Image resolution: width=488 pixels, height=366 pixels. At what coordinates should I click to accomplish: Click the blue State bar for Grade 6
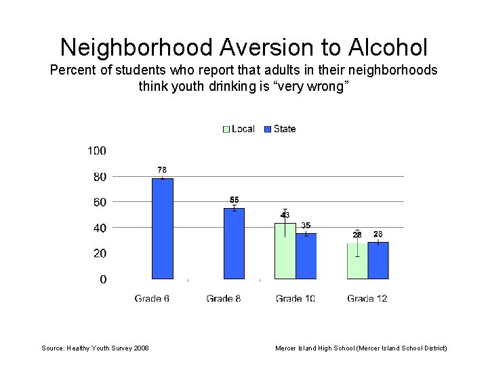(163, 228)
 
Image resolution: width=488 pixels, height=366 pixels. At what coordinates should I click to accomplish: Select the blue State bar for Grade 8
(234, 243)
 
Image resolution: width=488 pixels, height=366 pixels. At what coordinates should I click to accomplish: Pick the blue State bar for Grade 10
(306, 256)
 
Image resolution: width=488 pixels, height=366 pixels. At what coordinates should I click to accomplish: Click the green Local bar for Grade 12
(357, 261)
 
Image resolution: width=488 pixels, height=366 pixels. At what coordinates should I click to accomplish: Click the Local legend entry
(238, 129)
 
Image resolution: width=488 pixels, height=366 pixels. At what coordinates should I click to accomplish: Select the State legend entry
(279, 129)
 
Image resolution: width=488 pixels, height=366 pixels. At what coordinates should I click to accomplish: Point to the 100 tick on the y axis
(96, 150)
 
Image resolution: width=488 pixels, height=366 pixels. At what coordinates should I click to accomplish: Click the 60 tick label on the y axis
(99, 202)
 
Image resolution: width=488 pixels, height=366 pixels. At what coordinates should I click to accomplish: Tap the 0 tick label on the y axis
(103, 279)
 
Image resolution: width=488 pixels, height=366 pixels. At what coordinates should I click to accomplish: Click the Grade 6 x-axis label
(152, 298)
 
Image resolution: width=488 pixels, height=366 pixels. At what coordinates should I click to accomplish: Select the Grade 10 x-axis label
(295, 298)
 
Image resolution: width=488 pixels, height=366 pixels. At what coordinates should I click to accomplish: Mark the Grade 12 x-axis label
(367, 298)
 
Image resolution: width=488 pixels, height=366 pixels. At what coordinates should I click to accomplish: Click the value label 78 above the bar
(162, 169)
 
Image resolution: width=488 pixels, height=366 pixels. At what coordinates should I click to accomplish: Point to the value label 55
(234, 200)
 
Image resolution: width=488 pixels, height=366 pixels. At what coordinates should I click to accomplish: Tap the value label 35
(306, 225)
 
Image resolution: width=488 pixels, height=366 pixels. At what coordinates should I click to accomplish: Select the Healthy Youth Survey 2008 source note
(95, 348)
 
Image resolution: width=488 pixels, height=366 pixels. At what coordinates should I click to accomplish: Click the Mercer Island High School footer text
(361, 348)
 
